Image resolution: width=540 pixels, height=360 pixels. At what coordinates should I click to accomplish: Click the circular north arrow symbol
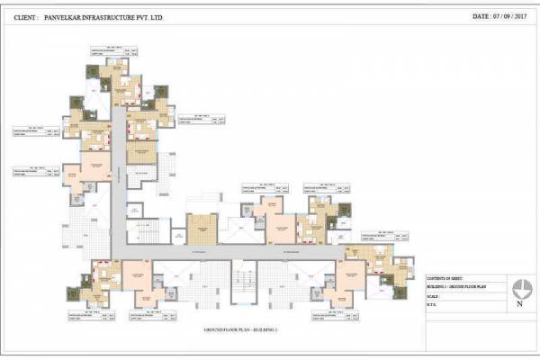click(521, 289)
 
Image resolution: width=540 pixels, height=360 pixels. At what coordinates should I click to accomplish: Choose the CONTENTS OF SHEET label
click(447, 280)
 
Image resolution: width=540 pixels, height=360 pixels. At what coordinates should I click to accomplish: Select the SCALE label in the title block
click(436, 296)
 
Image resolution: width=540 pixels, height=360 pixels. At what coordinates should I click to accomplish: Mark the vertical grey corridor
click(117, 180)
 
